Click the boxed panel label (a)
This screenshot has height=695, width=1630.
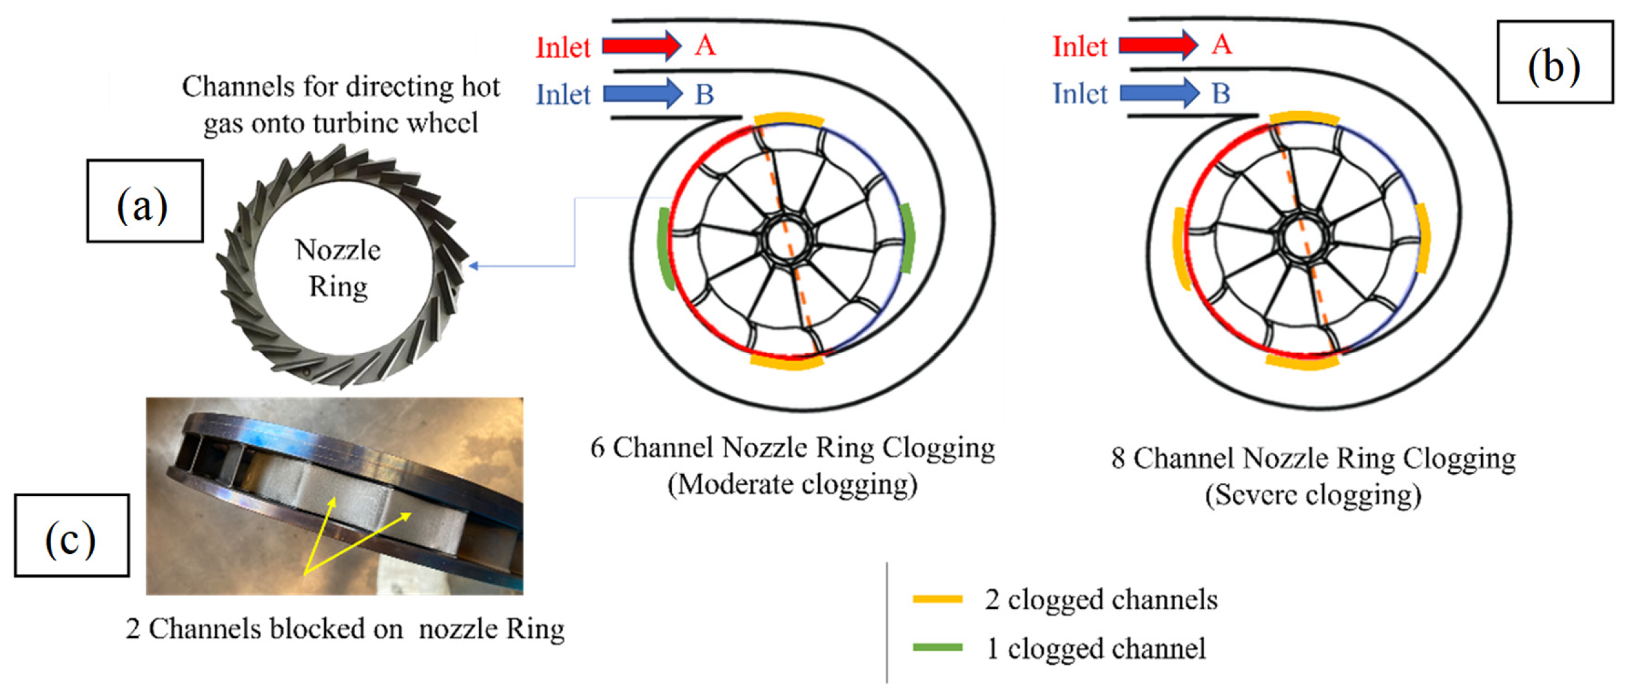[x=144, y=201]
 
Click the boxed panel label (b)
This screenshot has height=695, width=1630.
[x=1554, y=62]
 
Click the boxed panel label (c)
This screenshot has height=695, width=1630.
[x=72, y=536]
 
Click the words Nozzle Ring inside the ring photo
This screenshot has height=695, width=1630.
[x=338, y=268]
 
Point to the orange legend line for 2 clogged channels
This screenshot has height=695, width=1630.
[x=937, y=599]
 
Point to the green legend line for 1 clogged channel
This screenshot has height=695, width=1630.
[x=937, y=648]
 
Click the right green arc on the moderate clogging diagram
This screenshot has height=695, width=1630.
[x=908, y=238]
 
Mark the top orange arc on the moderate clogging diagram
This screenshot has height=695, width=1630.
[x=788, y=119]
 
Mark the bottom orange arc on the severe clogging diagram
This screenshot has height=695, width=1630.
[x=1303, y=362]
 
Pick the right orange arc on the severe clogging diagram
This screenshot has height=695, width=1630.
[x=1422, y=238]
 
